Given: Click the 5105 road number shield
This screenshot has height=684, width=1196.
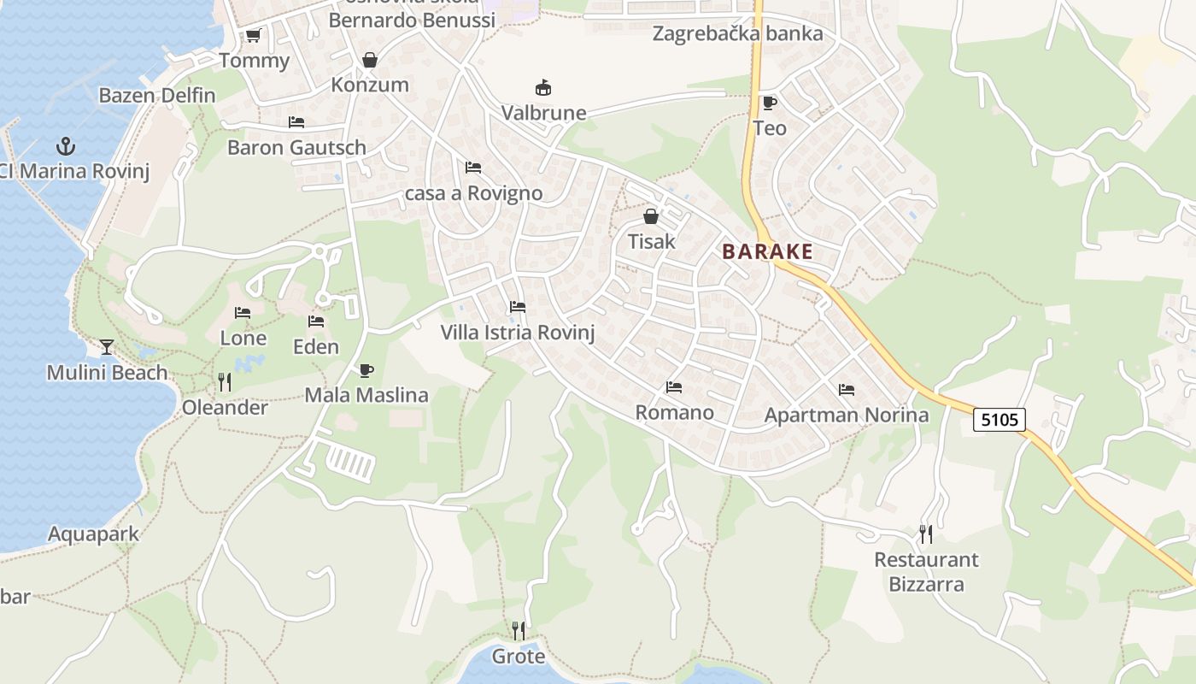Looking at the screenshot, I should [1000, 420].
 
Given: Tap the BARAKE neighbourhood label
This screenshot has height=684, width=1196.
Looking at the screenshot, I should [767, 251].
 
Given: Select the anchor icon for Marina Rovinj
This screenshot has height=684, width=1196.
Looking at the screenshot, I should [66, 146].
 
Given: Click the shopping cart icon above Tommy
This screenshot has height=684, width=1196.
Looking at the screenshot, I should [253, 36].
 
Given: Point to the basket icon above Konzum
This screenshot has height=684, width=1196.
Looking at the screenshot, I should [370, 60].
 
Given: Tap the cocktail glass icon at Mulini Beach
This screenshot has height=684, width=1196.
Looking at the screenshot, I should [107, 346].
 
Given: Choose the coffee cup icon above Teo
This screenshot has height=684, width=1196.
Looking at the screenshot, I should [769, 103].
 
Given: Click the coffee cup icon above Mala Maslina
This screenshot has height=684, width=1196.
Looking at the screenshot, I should [366, 370].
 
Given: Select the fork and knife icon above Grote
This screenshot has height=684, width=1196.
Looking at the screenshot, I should [519, 631].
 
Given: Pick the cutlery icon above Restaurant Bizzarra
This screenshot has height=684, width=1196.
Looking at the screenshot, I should [926, 534].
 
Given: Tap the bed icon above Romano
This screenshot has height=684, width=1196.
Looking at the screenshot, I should [674, 387].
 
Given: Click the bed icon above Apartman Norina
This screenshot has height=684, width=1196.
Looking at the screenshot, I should [847, 390].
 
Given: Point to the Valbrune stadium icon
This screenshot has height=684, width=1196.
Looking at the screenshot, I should [542, 87].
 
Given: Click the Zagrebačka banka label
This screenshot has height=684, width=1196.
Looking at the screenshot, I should [737, 33].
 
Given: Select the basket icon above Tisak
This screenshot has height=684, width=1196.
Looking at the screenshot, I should [651, 216].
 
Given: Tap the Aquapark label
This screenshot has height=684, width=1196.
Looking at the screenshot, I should [93, 534].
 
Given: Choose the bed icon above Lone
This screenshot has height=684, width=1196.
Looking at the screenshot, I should [243, 313].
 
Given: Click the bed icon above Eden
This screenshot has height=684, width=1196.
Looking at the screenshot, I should [316, 321].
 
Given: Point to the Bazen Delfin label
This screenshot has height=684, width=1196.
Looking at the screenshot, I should [157, 95].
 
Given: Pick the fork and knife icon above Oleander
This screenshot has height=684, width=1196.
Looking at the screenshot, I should [225, 382].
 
